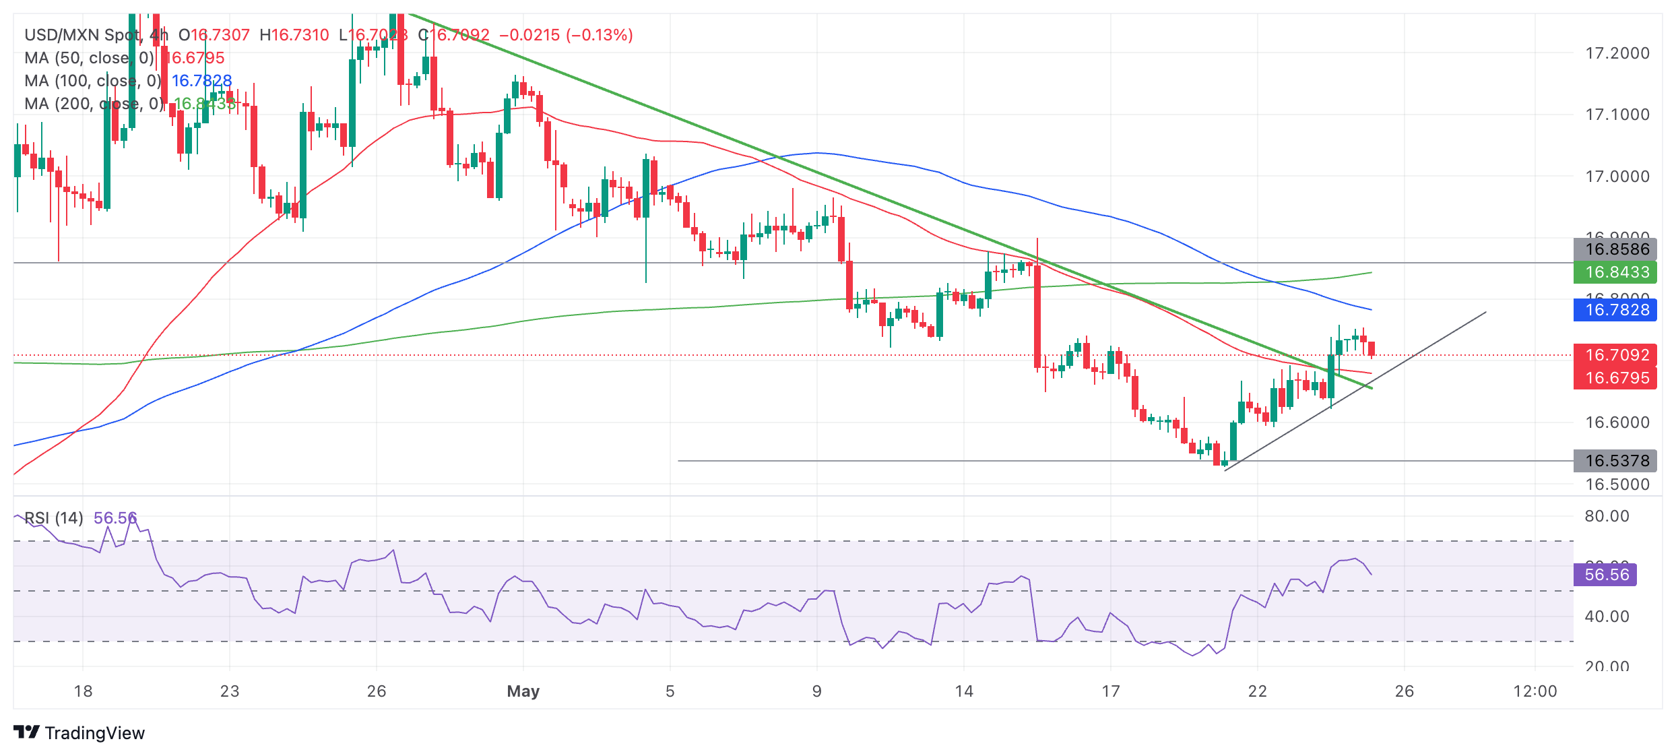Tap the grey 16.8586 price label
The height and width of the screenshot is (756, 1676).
(1616, 249)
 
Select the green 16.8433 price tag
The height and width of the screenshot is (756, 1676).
(1616, 272)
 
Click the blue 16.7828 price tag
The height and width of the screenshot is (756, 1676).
(1616, 310)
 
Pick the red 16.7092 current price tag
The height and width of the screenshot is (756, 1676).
(1616, 355)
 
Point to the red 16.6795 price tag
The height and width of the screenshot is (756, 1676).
(1616, 378)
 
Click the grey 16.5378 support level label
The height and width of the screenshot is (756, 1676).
(1616, 461)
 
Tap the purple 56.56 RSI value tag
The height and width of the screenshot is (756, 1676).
(1607, 575)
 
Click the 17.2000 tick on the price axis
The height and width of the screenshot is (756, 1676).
(1617, 53)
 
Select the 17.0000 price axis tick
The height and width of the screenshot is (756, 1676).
(1617, 177)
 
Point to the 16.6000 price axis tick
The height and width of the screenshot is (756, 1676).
(1617, 422)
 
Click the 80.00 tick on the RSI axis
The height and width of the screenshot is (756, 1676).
(1607, 516)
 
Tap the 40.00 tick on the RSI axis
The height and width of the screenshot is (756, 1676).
(1607, 617)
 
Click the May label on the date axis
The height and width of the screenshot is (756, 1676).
(523, 691)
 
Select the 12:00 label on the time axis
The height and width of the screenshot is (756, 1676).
(1535, 691)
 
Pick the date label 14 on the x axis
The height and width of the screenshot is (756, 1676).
(964, 691)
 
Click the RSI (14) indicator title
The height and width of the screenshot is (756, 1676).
(54, 518)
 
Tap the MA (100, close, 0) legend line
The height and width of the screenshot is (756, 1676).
(93, 81)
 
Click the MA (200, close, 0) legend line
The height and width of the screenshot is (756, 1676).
(94, 104)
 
